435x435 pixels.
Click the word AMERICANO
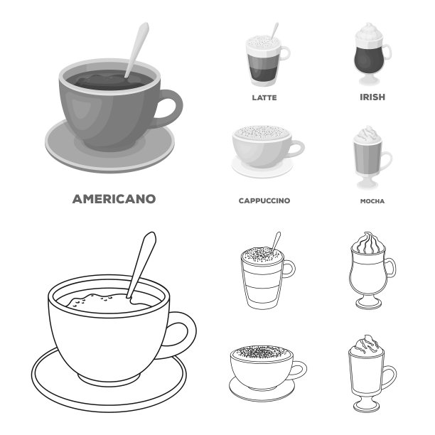pos(114,199)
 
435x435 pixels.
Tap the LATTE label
pos(264,97)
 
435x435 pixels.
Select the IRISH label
pos(372,97)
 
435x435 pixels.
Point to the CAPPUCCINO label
pos(264,200)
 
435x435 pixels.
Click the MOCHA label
pos(372,201)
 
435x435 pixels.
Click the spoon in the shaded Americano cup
pos(136,50)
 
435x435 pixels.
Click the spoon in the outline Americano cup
pos(141,267)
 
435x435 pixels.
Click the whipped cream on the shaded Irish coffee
pos(369,33)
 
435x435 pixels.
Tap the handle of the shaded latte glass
pos(286,53)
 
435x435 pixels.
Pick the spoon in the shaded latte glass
pos(275,30)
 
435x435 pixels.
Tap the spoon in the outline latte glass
pos(276,241)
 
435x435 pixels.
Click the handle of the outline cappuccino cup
pos(300,370)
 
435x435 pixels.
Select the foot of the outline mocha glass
pos(366,405)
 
